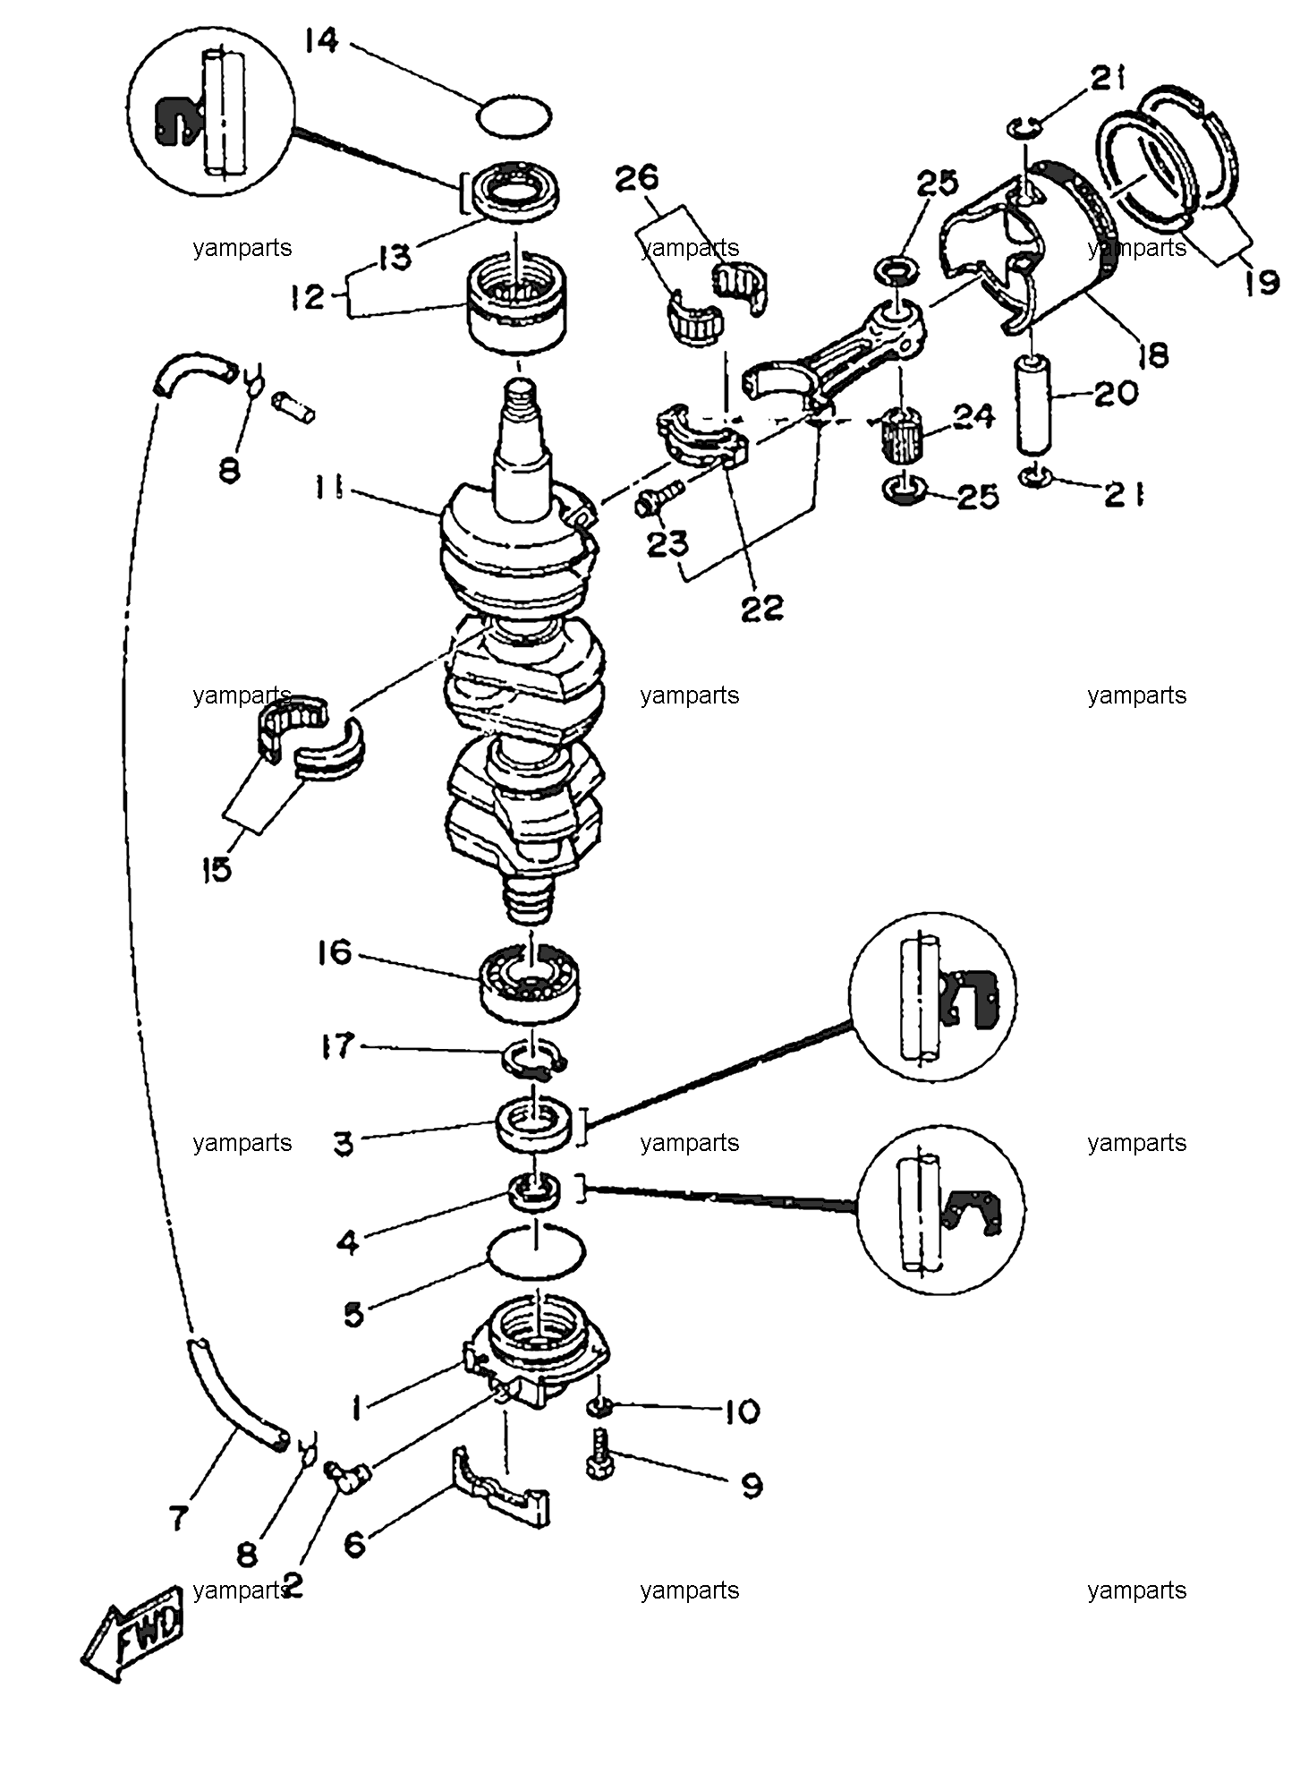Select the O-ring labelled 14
point(514,115)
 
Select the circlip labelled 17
point(533,1056)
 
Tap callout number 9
point(752,1487)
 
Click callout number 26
point(636,178)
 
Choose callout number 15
point(217,868)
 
